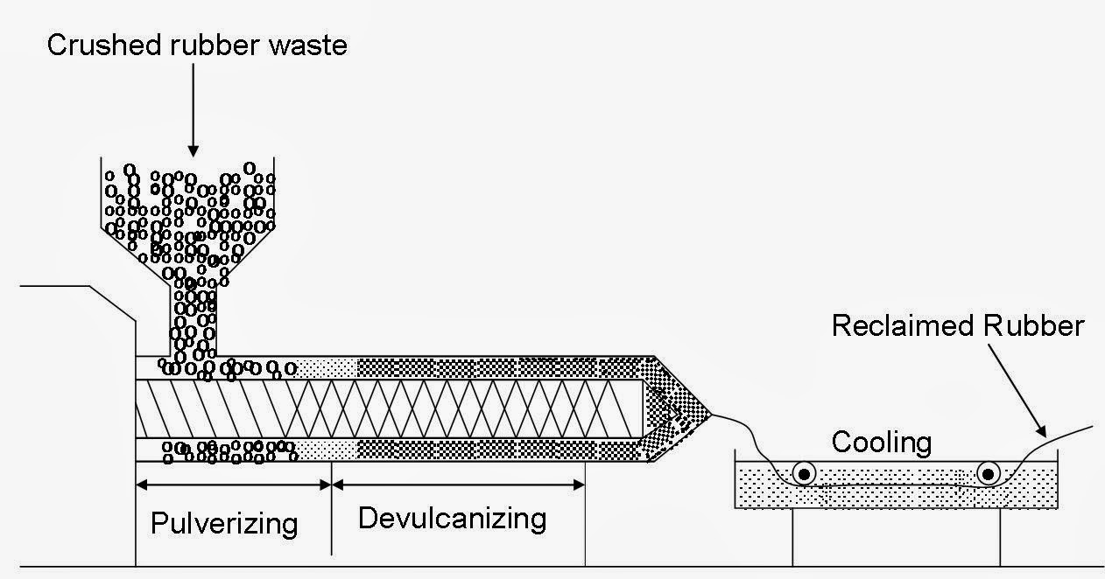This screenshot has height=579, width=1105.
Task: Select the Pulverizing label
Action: [x=224, y=524]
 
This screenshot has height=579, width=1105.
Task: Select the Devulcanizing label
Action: [x=452, y=518]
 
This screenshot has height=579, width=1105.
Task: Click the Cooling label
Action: [x=881, y=442]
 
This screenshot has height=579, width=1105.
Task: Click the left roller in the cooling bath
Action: [x=803, y=474]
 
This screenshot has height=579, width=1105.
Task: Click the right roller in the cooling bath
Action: [x=989, y=474]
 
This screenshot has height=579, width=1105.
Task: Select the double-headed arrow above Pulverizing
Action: [x=233, y=484]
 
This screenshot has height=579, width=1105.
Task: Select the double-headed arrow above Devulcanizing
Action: [x=458, y=484]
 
